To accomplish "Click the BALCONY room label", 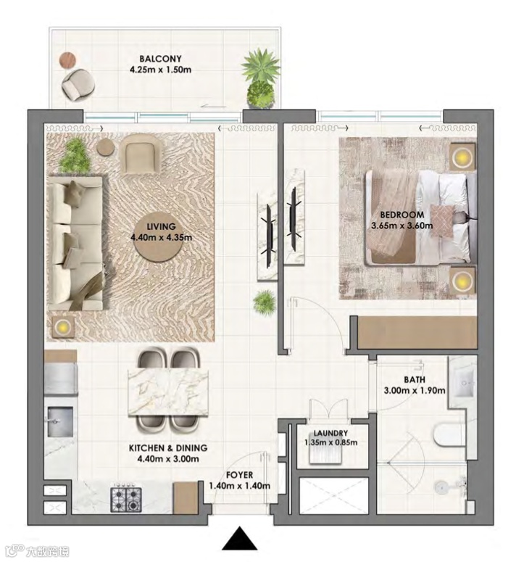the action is point(160,59).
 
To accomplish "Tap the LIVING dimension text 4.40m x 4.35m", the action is point(161,237).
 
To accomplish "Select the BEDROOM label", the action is point(402,215).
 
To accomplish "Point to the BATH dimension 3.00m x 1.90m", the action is point(415,390).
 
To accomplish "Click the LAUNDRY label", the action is point(330,434).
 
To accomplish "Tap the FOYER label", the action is point(239,475).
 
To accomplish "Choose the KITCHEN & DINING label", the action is point(168,448).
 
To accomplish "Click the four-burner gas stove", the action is point(125,500).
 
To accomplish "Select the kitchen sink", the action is point(59,421).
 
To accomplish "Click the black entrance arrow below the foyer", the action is point(239,538).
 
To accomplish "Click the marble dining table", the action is point(168,394).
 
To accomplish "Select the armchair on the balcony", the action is point(78,85).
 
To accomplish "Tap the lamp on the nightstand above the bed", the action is point(462,157).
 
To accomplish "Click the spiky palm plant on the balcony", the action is point(260,67).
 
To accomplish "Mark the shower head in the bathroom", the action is point(441,487).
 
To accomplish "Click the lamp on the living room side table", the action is point(62,326).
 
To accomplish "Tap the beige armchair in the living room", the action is point(140,154).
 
